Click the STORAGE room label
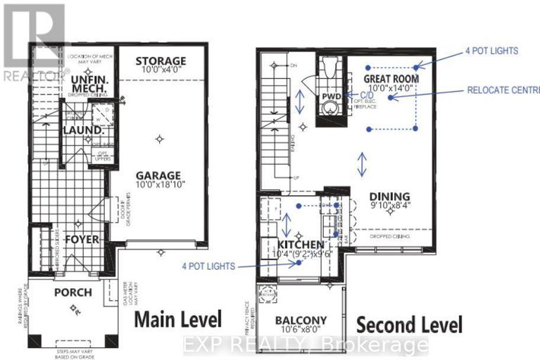click(x=161, y=61)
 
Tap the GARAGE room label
click(x=159, y=175)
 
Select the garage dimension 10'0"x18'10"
click(x=159, y=187)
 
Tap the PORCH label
click(x=73, y=292)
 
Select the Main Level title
click(x=178, y=318)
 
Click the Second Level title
click(x=409, y=325)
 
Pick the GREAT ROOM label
click(x=391, y=78)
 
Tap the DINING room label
click(x=389, y=197)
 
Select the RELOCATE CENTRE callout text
click(x=503, y=91)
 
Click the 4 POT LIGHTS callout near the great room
click(x=491, y=51)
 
